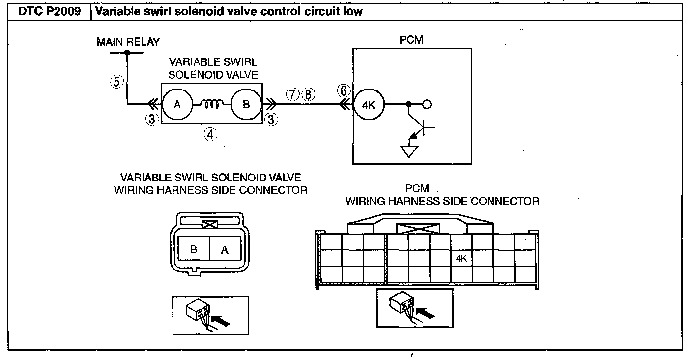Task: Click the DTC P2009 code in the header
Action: click(x=49, y=11)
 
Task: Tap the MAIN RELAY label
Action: click(x=128, y=42)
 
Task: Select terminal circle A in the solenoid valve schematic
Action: click(x=177, y=104)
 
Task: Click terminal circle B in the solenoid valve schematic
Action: click(x=246, y=104)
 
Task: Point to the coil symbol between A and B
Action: click(x=212, y=104)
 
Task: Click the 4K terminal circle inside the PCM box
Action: click(x=369, y=105)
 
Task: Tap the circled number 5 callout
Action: click(x=117, y=82)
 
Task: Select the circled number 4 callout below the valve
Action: click(x=210, y=135)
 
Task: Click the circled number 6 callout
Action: click(x=344, y=91)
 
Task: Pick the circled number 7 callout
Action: click(x=292, y=94)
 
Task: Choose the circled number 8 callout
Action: click(x=308, y=94)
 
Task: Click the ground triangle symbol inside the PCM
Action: click(x=409, y=151)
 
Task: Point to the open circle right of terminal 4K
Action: click(x=427, y=104)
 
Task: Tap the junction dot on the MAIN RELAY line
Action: click(x=127, y=53)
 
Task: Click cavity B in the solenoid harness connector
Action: click(x=194, y=248)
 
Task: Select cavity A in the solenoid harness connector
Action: click(x=225, y=248)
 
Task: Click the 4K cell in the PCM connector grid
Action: click(x=461, y=258)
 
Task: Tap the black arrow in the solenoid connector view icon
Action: click(x=221, y=321)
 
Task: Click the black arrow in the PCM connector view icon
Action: click(x=426, y=313)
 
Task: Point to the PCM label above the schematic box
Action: click(x=411, y=40)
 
